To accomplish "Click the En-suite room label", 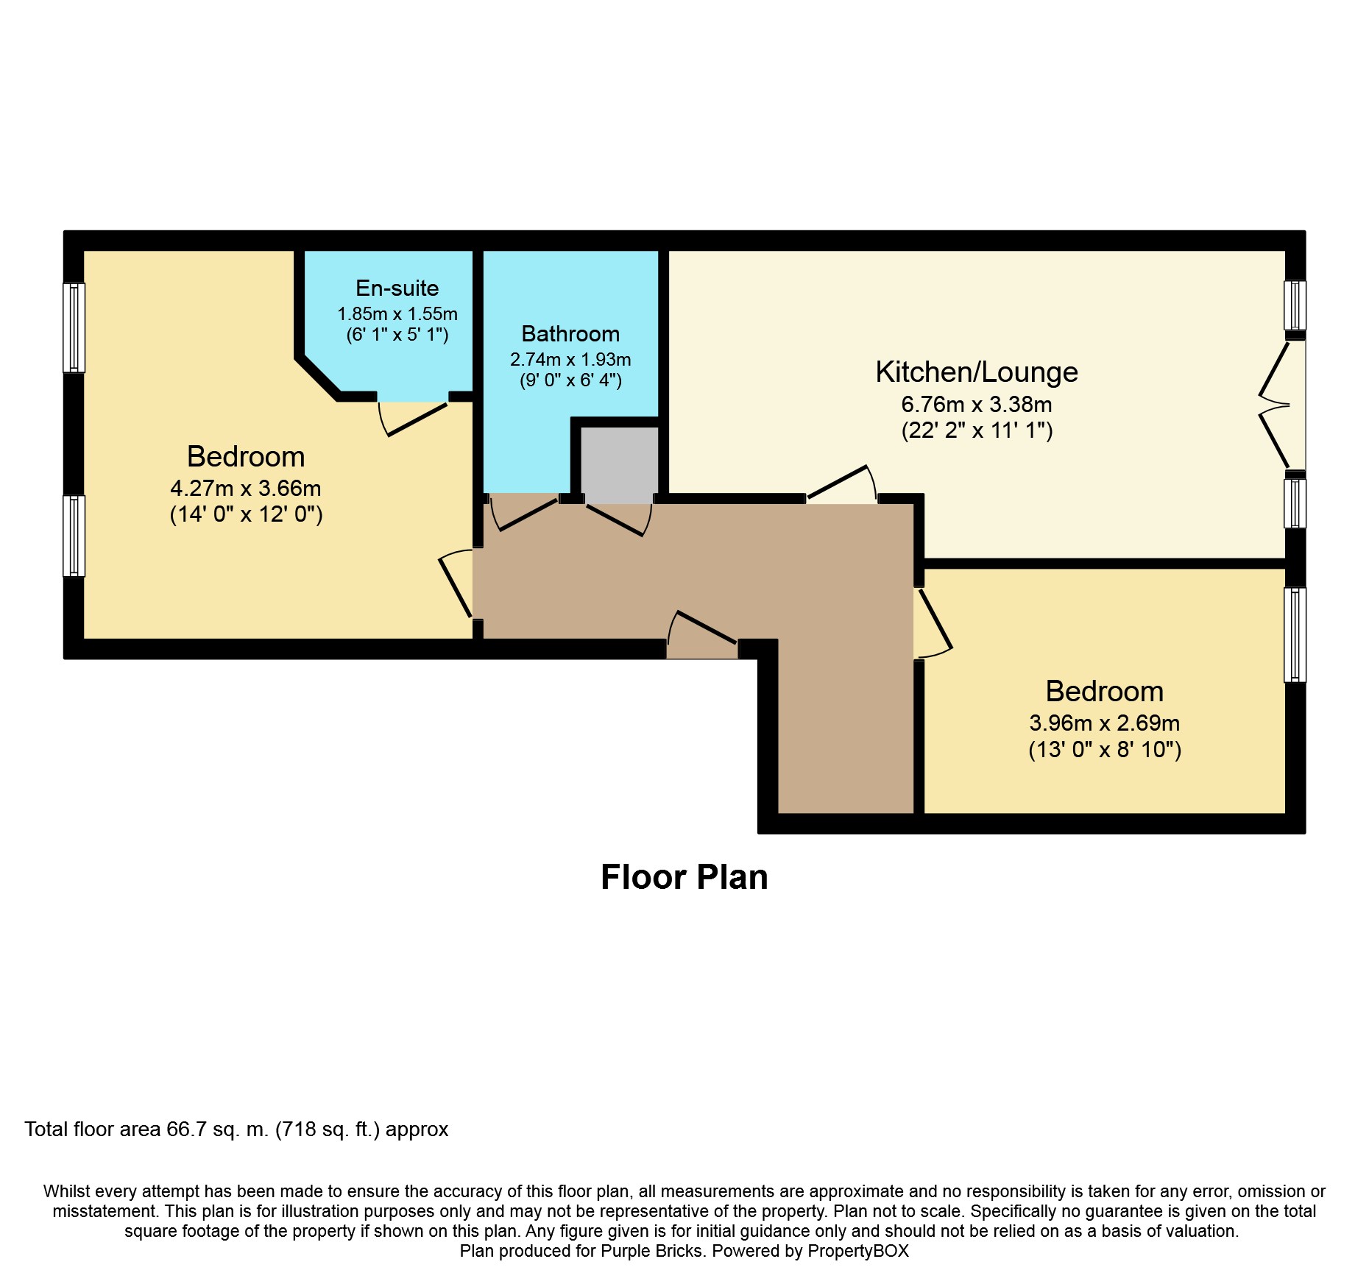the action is tap(397, 288).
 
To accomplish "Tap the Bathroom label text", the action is tap(570, 333).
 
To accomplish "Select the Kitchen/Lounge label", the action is tap(977, 372).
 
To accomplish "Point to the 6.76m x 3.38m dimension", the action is tap(977, 404).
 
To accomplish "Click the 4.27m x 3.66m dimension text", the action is tap(246, 488).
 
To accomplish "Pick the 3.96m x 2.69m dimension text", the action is tap(1105, 723).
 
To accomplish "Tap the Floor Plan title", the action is tap(684, 876).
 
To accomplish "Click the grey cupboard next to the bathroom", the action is tap(619, 464).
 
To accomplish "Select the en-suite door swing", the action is tap(412, 418).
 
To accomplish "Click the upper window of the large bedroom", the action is tap(74, 327).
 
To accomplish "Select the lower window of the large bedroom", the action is tap(74, 536).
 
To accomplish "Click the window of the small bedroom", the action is tap(1295, 634).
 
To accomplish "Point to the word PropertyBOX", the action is tap(858, 1251).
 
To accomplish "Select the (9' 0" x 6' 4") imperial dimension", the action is tap(570, 380).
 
